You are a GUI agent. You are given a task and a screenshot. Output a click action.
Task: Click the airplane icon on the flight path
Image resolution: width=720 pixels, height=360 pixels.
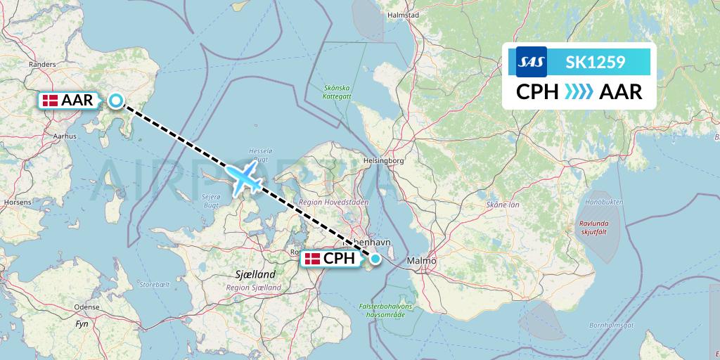(244, 178)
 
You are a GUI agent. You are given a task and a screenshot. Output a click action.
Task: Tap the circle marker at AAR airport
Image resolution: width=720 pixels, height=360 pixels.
(116, 101)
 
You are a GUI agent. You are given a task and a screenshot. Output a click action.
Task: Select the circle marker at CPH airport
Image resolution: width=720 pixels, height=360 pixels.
(375, 259)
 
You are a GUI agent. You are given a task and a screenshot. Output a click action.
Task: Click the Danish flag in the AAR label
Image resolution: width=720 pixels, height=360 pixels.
(50, 101)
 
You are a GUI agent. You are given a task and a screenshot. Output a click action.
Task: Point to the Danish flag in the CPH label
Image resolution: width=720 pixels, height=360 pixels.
(312, 259)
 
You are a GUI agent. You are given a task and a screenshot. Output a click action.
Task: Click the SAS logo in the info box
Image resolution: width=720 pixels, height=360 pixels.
(532, 62)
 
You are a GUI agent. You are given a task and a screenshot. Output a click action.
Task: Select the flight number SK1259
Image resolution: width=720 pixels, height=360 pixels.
(596, 62)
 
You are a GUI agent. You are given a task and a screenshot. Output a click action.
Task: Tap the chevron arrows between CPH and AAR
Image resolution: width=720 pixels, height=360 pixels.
(579, 92)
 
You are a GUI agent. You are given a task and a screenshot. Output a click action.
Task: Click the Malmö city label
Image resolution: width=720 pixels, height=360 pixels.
(421, 261)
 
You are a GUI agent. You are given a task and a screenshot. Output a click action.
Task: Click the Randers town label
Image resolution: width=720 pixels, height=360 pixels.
(42, 64)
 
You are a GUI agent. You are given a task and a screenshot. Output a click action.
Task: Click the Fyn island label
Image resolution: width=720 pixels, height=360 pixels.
(82, 324)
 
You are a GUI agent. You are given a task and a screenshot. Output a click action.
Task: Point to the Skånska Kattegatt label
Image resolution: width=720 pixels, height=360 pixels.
(336, 92)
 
